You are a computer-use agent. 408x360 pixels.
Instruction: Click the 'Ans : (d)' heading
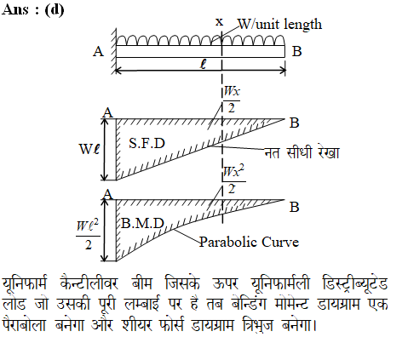(x=32, y=10)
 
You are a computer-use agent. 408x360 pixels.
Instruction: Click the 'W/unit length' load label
(x=279, y=25)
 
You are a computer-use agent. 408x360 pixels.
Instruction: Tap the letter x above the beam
(x=219, y=22)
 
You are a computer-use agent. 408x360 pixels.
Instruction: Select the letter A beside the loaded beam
(x=98, y=52)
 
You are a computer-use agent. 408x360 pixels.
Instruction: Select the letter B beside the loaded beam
(x=296, y=51)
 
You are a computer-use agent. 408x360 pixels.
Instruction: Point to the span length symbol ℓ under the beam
(x=204, y=64)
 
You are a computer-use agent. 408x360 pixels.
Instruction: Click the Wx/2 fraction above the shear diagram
(x=232, y=100)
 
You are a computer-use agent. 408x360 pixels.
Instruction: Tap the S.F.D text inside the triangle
(x=147, y=143)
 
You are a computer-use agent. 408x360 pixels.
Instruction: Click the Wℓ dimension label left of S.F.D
(x=89, y=149)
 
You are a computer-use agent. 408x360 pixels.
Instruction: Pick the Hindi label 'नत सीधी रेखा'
(x=302, y=152)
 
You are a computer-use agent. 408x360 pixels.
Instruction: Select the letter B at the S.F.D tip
(x=294, y=123)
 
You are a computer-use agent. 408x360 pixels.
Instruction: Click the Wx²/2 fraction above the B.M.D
(x=234, y=180)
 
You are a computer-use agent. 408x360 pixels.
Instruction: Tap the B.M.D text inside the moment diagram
(x=142, y=224)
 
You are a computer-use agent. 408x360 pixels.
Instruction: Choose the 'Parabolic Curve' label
(x=249, y=243)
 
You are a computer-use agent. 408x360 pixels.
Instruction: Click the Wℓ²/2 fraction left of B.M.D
(x=88, y=234)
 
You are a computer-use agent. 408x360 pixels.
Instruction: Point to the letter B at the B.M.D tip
(x=294, y=207)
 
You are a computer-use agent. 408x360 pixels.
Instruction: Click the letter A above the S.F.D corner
(x=107, y=112)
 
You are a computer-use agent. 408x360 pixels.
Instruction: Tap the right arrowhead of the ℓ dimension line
(x=283, y=71)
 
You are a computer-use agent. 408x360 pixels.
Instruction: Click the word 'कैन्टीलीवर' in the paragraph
(x=89, y=283)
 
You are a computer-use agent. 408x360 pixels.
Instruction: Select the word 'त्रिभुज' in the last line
(x=257, y=324)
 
